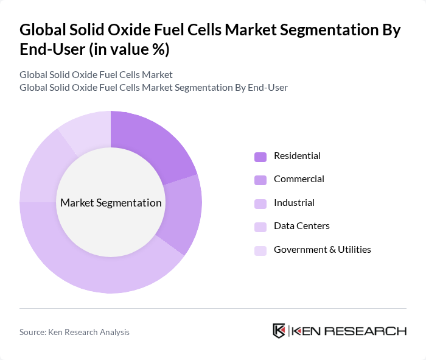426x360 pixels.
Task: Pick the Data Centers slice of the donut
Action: [x=40, y=171]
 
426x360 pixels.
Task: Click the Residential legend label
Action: [x=297, y=156]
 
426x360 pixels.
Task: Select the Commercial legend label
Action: [x=299, y=179]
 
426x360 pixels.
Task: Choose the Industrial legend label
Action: [x=294, y=203]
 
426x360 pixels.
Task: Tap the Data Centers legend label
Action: [x=301, y=226]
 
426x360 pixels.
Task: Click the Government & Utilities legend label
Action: [x=322, y=250]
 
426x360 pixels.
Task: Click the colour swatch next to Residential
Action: [x=260, y=157]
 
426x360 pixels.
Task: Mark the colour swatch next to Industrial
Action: [x=260, y=203]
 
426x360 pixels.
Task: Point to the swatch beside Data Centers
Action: [x=260, y=227]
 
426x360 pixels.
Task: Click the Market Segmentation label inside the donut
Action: [x=111, y=203]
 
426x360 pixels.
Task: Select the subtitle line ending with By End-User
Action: [x=153, y=88]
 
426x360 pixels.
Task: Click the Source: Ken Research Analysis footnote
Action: [x=74, y=332]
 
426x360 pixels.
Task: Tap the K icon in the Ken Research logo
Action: [x=279, y=331]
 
